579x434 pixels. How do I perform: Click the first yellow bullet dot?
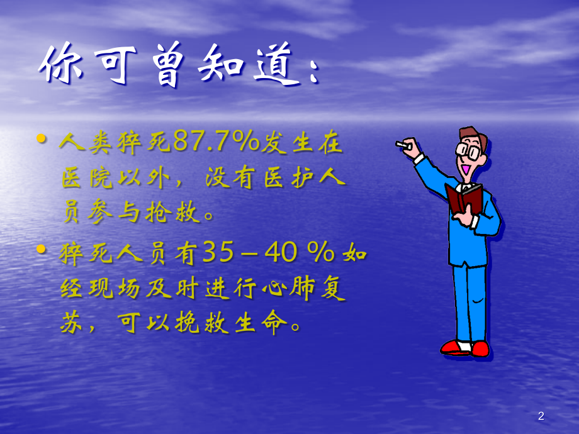(42, 138)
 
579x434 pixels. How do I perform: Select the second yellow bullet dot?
(42, 249)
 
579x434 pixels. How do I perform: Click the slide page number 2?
(541, 416)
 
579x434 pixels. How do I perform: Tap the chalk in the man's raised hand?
(401, 145)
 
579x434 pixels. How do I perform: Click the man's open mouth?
(464, 169)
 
